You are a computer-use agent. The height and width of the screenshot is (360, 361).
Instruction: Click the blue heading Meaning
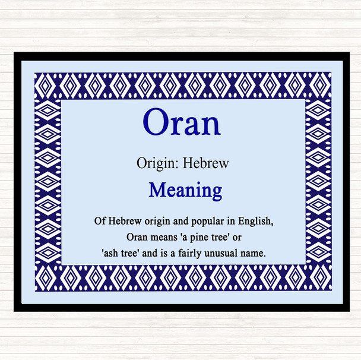click(185, 190)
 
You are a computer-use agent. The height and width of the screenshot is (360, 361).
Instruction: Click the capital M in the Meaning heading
click(157, 190)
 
